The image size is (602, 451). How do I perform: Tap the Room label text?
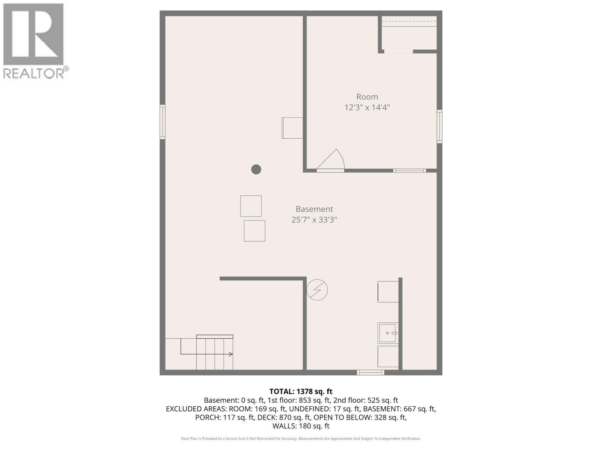point(367,97)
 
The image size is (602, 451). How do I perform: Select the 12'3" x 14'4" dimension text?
point(367,107)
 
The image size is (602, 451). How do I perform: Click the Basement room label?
point(314,209)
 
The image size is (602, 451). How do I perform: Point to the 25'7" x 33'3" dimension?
point(314,219)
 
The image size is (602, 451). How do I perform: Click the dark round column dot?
point(256,170)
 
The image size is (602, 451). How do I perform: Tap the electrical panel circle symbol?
point(317,290)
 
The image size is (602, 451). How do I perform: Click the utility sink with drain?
point(388,333)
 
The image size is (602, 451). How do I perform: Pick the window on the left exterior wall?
point(163,122)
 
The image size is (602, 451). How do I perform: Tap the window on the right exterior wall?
point(439,126)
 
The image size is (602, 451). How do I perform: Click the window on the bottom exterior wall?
point(371,372)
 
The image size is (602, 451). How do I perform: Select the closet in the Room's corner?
point(409,33)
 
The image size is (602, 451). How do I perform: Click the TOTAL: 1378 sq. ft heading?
point(301,392)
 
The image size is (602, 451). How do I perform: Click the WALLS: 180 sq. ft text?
point(301,426)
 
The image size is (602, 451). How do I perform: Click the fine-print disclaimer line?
point(301,439)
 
